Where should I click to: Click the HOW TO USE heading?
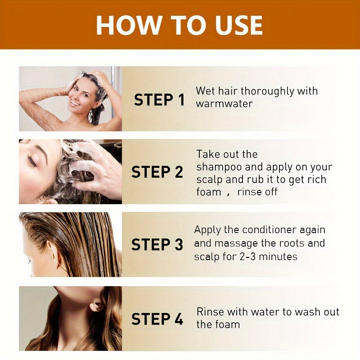pos(179,25)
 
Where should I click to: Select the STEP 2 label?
pos(157,172)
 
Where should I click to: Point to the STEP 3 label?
pos(157,245)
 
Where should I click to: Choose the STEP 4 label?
pos(157,319)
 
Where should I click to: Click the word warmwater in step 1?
pos(224,104)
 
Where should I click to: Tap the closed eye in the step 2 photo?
pos(32,161)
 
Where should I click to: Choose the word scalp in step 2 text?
pos(209,180)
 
